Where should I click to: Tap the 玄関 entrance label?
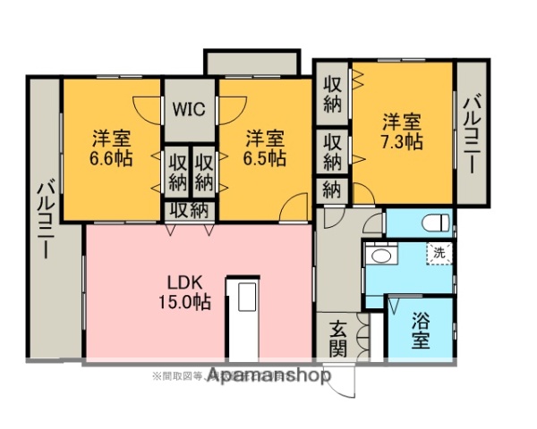point(337,338)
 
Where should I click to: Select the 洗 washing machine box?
point(439,252)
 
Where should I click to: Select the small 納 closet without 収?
point(331,189)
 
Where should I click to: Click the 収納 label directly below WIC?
point(190,210)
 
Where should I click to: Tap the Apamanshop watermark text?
point(268,376)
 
